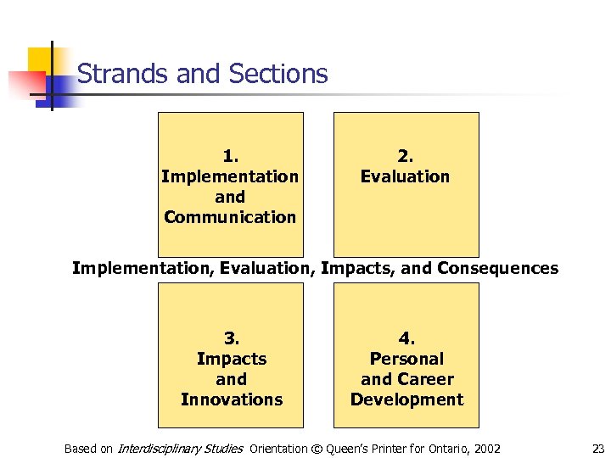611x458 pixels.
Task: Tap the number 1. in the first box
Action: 231,156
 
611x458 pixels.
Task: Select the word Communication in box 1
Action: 230,217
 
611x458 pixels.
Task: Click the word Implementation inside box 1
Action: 230,176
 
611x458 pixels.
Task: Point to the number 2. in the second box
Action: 406,156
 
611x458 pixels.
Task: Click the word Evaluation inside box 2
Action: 406,176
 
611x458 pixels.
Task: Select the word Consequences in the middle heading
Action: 497,269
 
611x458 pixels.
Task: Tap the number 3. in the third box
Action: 231,338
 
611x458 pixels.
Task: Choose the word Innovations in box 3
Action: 231,399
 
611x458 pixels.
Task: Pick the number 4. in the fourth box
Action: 406,338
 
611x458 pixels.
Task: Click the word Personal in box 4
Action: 406,359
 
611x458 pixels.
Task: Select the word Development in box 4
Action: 406,399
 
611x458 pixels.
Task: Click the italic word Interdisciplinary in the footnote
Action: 155,449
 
